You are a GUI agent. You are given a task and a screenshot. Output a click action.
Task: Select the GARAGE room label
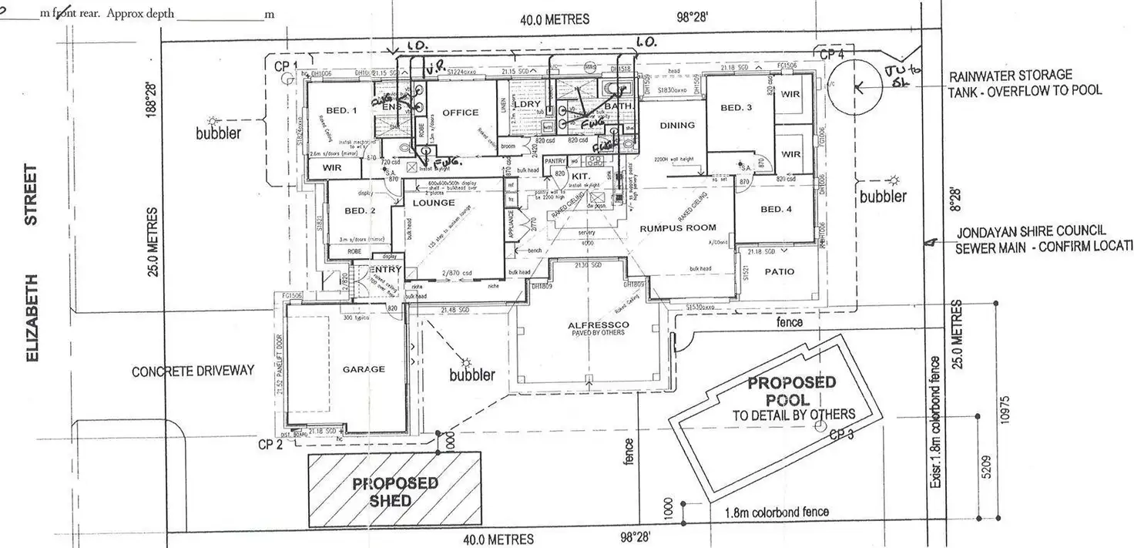pyautogui.click(x=364, y=369)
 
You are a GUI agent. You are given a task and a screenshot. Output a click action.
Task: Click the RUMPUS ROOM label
pyautogui.click(x=677, y=227)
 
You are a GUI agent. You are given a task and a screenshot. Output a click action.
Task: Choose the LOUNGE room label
pyautogui.click(x=434, y=203)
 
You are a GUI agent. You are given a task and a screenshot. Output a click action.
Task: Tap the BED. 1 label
pyautogui.click(x=342, y=111)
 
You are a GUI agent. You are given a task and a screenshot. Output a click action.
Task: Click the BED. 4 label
pyautogui.click(x=776, y=209)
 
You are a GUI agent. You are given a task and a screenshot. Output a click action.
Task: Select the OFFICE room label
pyautogui.click(x=460, y=113)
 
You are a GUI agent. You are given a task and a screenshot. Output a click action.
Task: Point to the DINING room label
pyautogui.click(x=677, y=125)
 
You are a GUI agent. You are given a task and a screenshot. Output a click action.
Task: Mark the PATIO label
pyautogui.click(x=780, y=271)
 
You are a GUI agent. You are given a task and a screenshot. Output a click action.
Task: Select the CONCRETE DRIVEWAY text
pyautogui.click(x=193, y=371)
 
